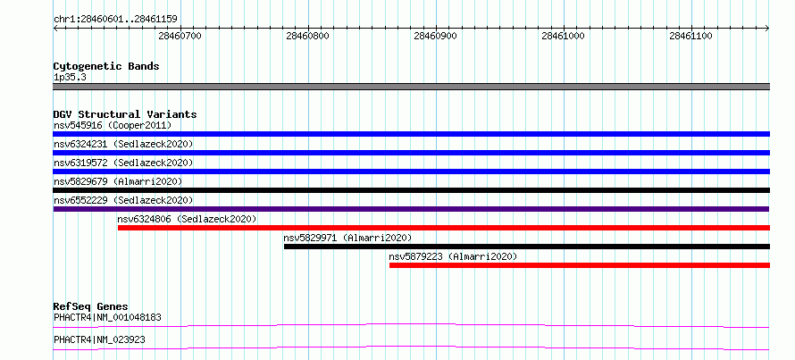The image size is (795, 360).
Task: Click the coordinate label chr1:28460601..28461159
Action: pyautogui.click(x=115, y=20)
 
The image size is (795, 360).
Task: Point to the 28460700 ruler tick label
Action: pyautogui.click(x=180, y=36)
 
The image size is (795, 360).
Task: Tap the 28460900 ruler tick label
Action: pyautogui.click(x=436, y=36)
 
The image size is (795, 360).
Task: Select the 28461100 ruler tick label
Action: pyautogui.click(x=691, y=36)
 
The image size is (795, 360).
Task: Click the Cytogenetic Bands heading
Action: pyautogui.click(x=106, y=66)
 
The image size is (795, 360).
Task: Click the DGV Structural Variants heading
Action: pyautogui.click(x=125, y=114)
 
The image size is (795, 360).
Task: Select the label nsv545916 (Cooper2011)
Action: pyautogui.click(x=113, y=125)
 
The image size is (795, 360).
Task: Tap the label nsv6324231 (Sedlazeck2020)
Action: pyautogui.click(x=123, y=144)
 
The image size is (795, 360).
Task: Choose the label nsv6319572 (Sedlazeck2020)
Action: pyautogui.click(x=123, y=163)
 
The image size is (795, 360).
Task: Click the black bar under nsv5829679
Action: pyautogui.click(x=411, y=190)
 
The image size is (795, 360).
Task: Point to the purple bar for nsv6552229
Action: pyautogui.click(x=411, y=209)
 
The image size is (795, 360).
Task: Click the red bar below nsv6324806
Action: pyautogui.click(x=444, y=228)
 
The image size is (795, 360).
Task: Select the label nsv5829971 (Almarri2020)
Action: pyautogui.click(x=347, y=238)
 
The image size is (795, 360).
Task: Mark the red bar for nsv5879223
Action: pyautogui.click(x=580, y=265)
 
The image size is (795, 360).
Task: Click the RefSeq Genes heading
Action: pyautogui.click(x=91, y=306)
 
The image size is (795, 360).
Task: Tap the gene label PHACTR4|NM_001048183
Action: pyautogui.click(x=107, y=318)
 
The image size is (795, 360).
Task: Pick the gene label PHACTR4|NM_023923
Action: pyautogui.click(x=99, y=339)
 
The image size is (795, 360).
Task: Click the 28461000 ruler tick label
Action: pyautogui.click(x=564, y=36)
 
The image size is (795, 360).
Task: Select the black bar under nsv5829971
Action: pyautogui.click(x=527, y=247)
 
